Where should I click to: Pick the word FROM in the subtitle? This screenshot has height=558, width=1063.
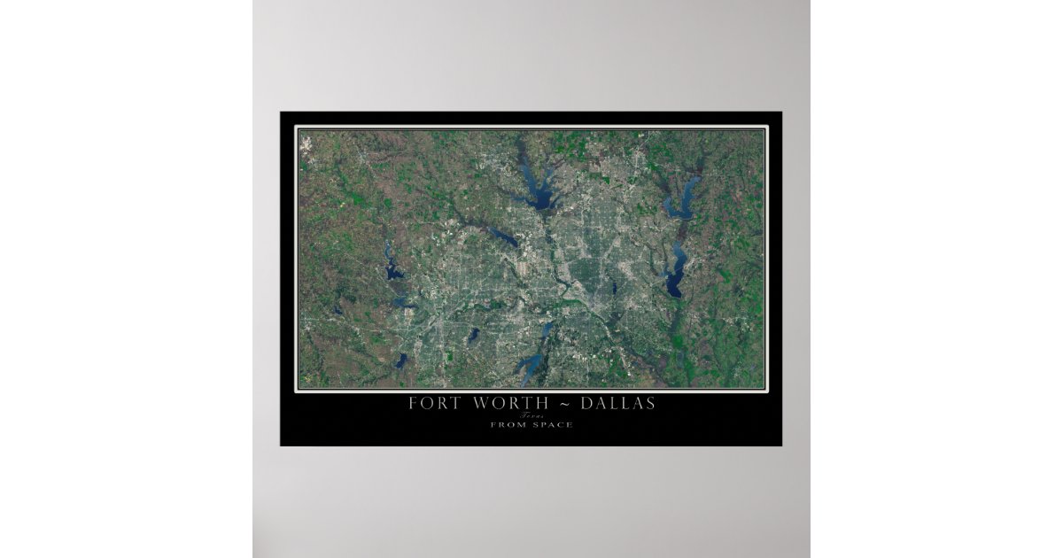point(508,425)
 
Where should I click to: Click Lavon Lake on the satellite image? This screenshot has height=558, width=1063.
point(682,199)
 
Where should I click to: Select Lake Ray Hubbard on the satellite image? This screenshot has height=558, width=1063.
point(676,275)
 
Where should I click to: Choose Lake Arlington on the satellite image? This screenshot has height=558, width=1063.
point(475,335)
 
